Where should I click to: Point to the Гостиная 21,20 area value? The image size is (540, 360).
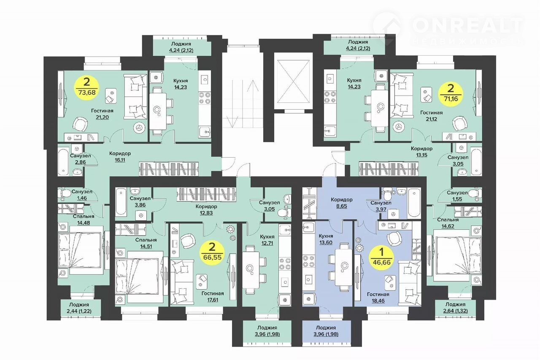click(x=102, y=117)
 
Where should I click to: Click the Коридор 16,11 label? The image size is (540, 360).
click(x=120, y=157)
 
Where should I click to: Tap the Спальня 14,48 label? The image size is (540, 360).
click(x=84, y=219)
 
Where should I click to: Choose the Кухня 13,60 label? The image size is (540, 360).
click(x=326, y=239)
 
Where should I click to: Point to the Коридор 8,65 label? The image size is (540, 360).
click(x=342, y=203)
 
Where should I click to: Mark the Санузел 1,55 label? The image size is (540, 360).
click(x=457, y=196)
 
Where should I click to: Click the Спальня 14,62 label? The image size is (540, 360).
click(x=448, y=223)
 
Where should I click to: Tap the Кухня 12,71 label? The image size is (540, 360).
click(x=267, y=240)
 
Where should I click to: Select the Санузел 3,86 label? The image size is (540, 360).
click(x=140, y=201)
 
